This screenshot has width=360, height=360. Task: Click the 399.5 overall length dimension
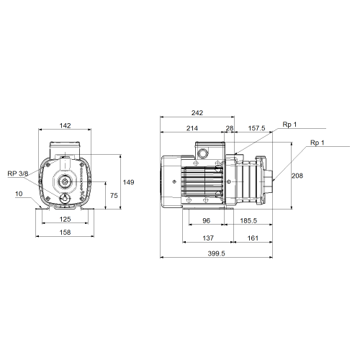216,253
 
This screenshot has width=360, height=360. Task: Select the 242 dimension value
197,113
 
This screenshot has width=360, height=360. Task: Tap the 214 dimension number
192,128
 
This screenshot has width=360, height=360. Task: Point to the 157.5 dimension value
256,128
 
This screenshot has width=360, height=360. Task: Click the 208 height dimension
297,176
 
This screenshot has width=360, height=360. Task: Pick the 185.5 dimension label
248,220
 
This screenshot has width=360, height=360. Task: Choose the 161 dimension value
253,238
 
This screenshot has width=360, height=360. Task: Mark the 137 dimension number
208,238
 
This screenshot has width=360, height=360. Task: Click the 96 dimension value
206,220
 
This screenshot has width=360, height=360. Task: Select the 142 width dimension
65,125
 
